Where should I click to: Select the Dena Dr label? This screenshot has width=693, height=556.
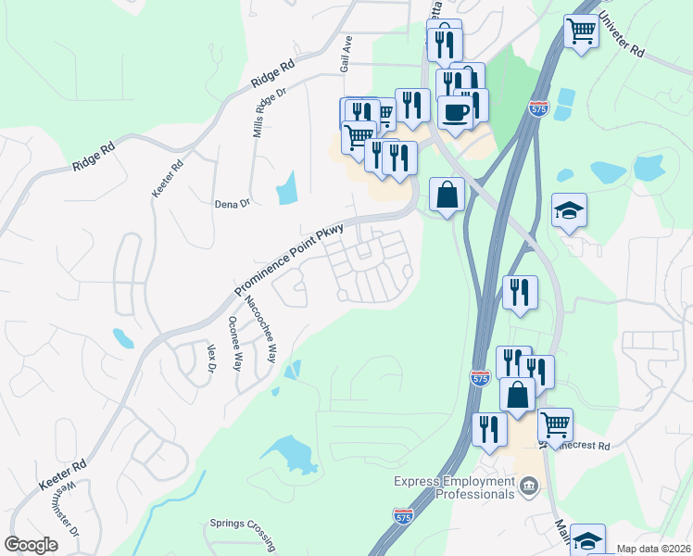[233, 204]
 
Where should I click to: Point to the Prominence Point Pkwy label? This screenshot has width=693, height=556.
[288, 260]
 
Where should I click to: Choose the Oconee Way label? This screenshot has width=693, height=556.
[235, 344]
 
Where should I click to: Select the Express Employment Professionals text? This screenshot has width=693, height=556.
[454, 487]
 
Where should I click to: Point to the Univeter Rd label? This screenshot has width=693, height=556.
[621, 36]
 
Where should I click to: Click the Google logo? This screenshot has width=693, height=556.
[31, 545]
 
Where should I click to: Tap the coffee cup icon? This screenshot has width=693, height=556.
[454, 111]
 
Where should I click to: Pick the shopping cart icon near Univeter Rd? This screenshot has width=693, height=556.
[581, 31]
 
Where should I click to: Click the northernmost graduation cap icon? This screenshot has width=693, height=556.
[569, 209]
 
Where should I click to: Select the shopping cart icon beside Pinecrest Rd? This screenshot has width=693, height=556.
[555, 424]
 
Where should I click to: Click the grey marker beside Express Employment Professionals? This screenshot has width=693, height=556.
[529, 485]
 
